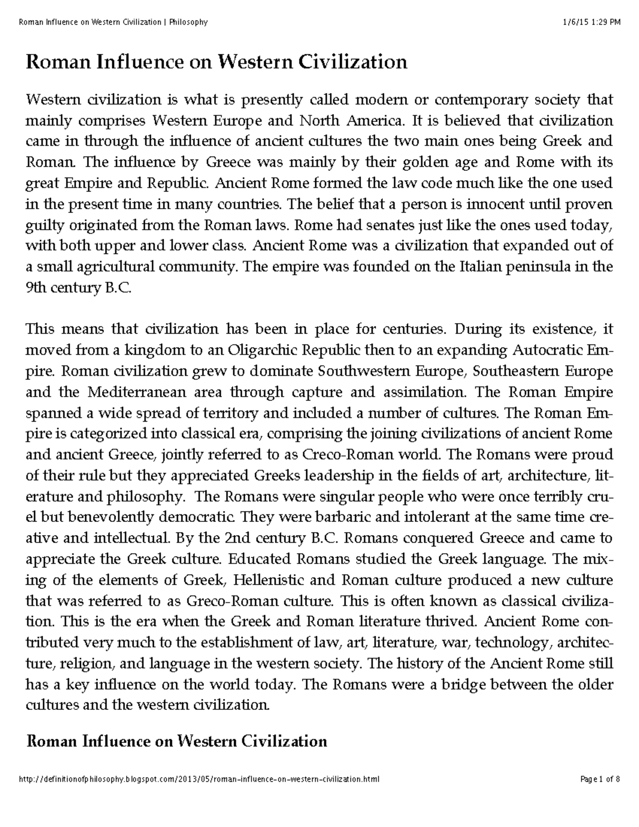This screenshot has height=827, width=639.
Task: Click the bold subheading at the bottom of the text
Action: pyautogui.click(x=176, y=741)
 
